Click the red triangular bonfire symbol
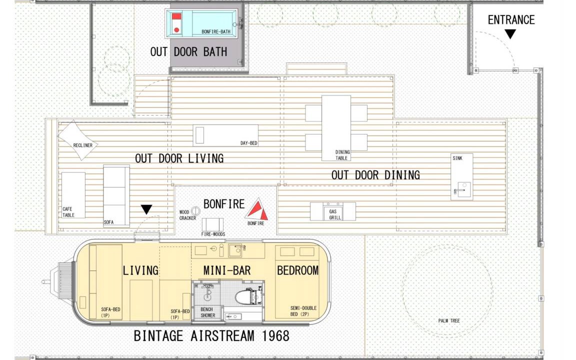pyautogui.click(x=257, y=210)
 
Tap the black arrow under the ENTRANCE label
pyautogui.click(x=510, y=34)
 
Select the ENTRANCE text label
pyautogui.click(x=511, y=20)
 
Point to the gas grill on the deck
pyautogui.click(x=333, y=211)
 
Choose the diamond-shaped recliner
pyautogui.click(x=78, y=140)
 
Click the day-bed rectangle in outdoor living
pyautogui.click(x=225, y=135)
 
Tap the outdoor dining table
pyautogui.click(x=336, y=128)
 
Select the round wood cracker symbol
pyautogui.click(x=196, y=211)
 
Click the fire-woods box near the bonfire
pyautogui.click(x=212, y=224)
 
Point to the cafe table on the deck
pyautogui.click(x=73, y=195)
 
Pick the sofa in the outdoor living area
pyautogui.click(x=116, y=196)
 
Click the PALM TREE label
pyautogui.click(x=449, y=320)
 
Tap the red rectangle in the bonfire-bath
pyautogui.click(x=176, y=17)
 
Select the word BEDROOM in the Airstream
pyautogui.click(x=297, y=270)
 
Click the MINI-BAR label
pyautogui.click(x=227, y=270)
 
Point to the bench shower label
pyautogui.click(x=207, y=312)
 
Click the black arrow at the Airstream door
pyautogui.click(x=146, y=209)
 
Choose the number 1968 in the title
pyautogui.click(x=275, y=336)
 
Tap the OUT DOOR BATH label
pyautogui.click(x=188, y=52)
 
